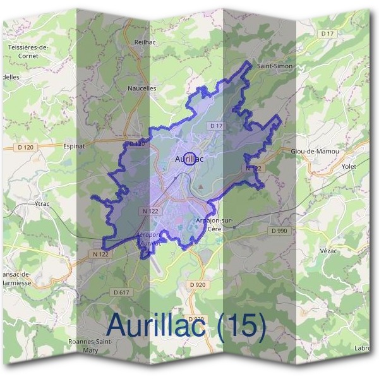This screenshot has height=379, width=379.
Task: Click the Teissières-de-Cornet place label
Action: (28, 51)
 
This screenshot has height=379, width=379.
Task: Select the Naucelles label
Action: (141, 88)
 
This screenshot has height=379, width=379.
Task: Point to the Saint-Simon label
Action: (273, 65)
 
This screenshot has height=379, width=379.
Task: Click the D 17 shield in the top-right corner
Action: (327, 33)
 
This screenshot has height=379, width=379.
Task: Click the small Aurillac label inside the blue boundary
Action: (188, 159)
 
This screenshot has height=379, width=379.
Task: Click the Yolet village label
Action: (349, 167)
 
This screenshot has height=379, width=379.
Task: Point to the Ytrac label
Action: (42, 204)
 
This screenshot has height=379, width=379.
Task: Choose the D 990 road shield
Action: (279, 231)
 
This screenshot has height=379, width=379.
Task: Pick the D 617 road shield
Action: (121, 292)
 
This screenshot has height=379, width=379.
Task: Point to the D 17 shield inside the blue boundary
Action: (216, 126)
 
